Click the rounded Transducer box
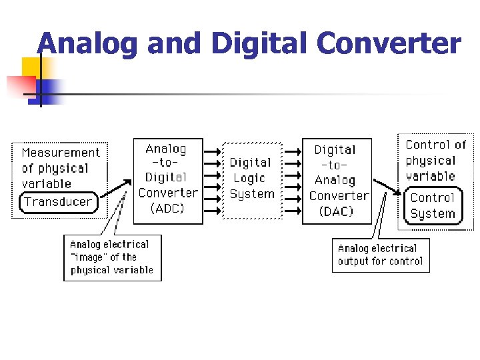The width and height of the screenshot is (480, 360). pos(59,201)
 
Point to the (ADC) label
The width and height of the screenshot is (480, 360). pos(167,208)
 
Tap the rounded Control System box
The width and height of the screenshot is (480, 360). pos(433,206)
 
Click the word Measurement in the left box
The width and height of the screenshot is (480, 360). pos(61,153)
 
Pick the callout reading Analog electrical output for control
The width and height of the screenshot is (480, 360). pos(380,255)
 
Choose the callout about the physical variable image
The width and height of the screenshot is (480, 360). pos(112,257)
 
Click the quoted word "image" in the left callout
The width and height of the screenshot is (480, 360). pos(85,257)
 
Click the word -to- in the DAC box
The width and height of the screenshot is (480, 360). pos(335,165)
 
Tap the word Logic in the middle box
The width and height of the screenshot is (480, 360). pos(249,179)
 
